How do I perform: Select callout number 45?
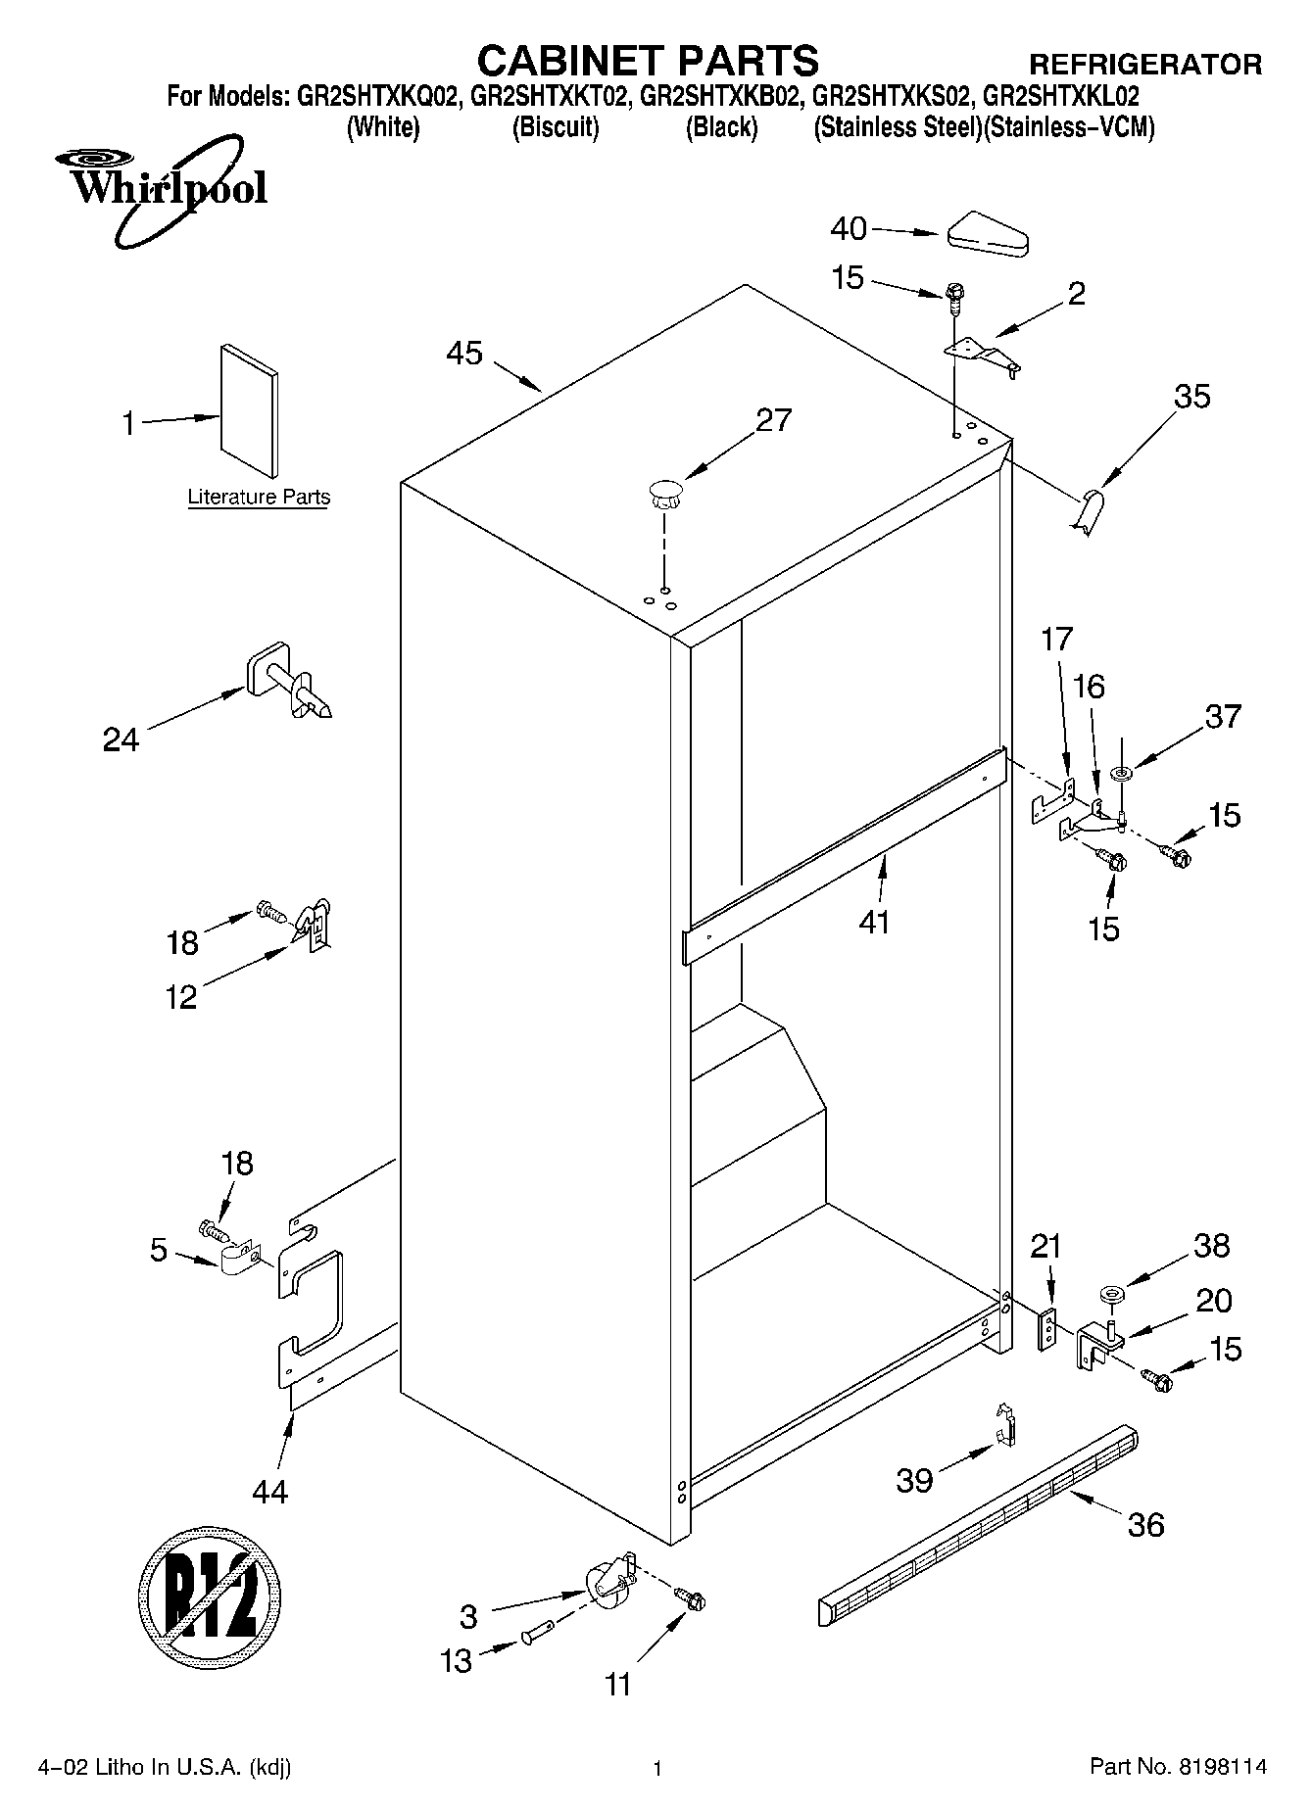(x=464, y=353)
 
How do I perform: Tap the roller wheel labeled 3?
(x=608, y=1583)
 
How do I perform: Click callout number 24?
(x=121, y=740)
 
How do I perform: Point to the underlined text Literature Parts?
(x=259, y=498)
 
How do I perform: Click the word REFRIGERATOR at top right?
(x=1144, y=65)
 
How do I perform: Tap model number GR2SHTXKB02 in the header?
(x=726, y=97)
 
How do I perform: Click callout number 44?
(x=270, y=1491)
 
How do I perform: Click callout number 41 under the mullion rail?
(x=874, y=922)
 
